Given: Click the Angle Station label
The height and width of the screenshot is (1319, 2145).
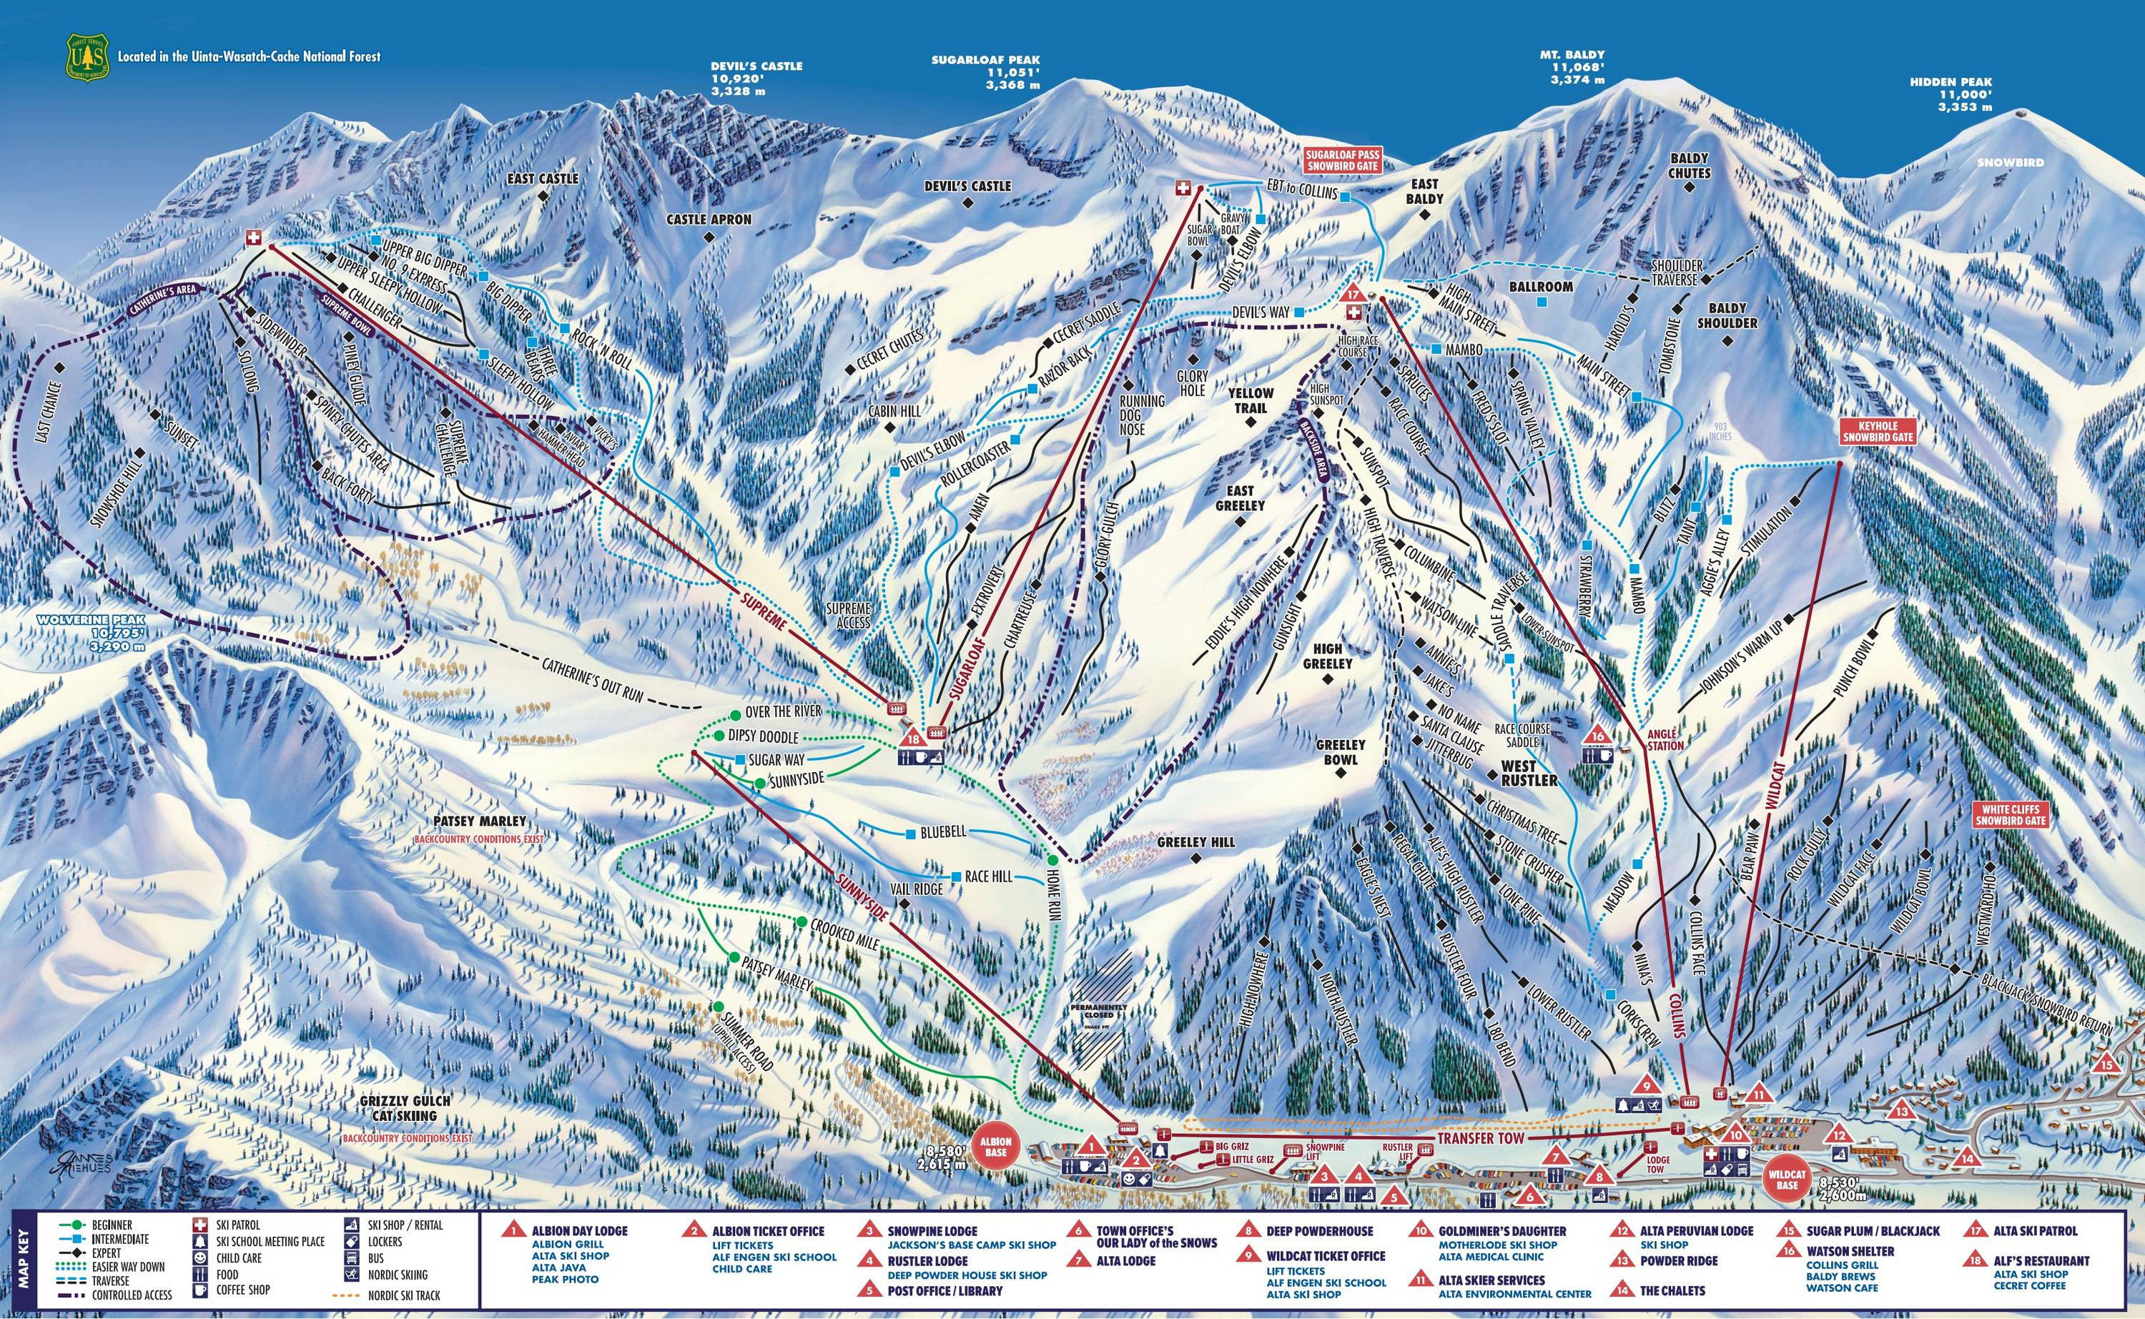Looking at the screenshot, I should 1665,741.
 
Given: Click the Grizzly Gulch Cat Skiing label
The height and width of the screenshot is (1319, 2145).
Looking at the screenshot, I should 398,1109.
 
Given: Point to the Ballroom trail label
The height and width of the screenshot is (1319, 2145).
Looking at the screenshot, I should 1542,286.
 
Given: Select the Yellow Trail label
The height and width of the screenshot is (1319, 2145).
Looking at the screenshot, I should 1251,400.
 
